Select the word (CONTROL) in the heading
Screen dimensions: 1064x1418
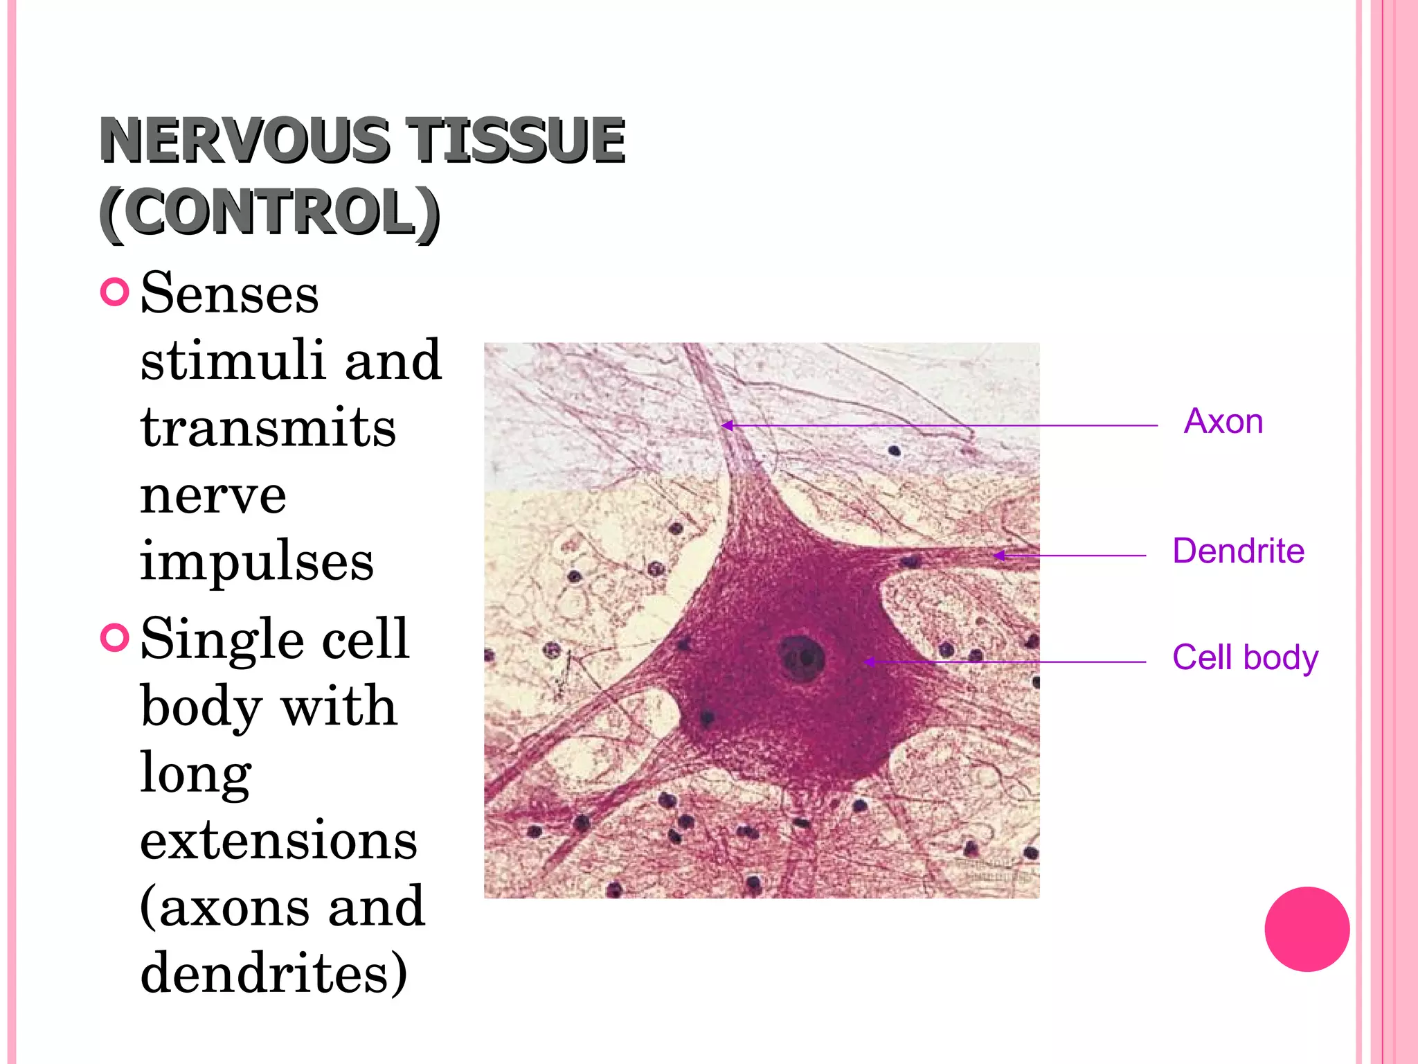(269, 213)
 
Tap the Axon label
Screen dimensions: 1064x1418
(1223, 421)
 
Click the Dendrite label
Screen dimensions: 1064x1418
(1238, 551)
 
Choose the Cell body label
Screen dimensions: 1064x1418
(1245, 657)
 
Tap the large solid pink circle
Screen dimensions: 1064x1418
(1307, 929)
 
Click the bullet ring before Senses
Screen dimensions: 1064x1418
(115, 292)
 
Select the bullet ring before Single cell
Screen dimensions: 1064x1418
(115, 637)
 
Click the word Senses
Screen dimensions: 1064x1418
(229, 294)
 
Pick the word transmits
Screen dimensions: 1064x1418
(268, 427)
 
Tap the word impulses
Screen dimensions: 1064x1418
(257, 560)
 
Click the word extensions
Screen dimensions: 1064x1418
(278, 840)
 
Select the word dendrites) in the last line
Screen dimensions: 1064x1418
(274, 973)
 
